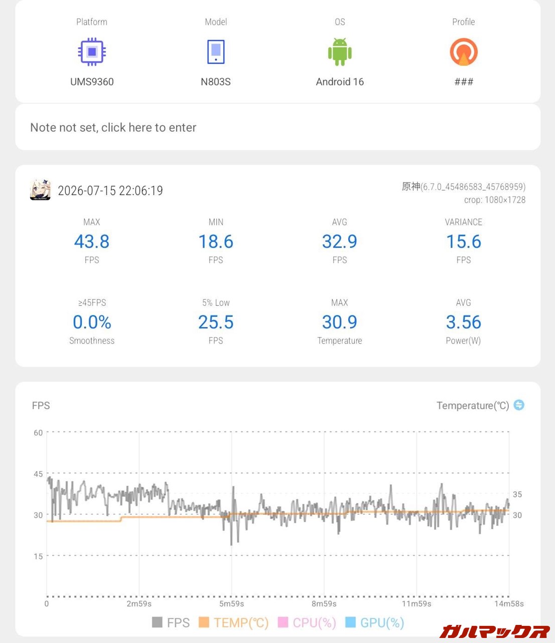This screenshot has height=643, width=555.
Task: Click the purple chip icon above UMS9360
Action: pos(92,52)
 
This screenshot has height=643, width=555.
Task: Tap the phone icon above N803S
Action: pos(216,52)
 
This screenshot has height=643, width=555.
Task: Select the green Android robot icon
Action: pos(340,52)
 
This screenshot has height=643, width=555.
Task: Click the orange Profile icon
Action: pos(464,52)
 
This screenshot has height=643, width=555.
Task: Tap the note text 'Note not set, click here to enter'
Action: pos(113,128)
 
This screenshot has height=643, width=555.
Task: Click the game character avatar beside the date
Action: pos(41,189)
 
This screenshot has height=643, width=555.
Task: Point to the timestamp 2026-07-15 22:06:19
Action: pos(110,191)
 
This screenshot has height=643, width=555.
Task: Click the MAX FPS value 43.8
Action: pos(92,242)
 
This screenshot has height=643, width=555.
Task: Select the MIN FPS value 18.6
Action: pos(216,242)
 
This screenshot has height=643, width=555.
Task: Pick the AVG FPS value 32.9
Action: pos(340,242)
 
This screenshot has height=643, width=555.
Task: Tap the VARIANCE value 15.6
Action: pos(464,242)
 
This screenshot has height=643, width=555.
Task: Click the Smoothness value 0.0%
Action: pos(92,322)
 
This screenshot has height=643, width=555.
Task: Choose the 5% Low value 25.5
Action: pos(216,322)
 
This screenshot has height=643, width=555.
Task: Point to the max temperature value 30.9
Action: pos(340,322)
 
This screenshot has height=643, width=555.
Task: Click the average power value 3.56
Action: pos(464,322)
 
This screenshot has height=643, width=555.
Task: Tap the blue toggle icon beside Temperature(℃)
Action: pos(519,405)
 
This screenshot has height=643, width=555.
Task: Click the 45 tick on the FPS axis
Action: pos(38,474)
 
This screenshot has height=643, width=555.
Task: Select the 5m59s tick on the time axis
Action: pos(231,604)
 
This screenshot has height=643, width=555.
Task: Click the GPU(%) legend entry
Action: pos(375,623)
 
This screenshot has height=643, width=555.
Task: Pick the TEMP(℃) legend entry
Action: pos(233,623)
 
